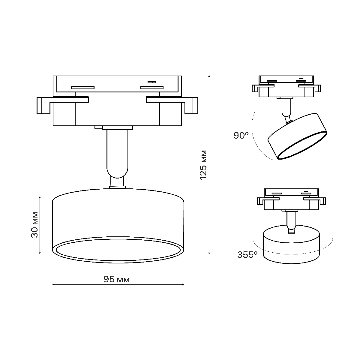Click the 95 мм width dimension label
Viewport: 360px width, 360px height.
(x=117, y=280)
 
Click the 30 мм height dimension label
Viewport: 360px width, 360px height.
(x=35, y=225)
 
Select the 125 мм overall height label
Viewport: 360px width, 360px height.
(x=203, y=165)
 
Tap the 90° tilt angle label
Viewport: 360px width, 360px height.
(x=241, y=135)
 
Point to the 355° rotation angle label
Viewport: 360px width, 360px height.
(x=247, y=255)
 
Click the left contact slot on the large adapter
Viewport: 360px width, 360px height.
(x=83, y=88)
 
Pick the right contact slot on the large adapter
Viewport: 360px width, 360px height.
(x=152, y=88)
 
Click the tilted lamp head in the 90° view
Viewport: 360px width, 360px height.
(x=297, y=136)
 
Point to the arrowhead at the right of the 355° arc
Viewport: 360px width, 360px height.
(x=332, y=239)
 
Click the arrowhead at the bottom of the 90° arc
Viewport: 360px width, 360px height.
(x=271, y=160)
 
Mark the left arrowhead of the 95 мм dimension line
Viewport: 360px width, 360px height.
(x=53, y=284)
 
